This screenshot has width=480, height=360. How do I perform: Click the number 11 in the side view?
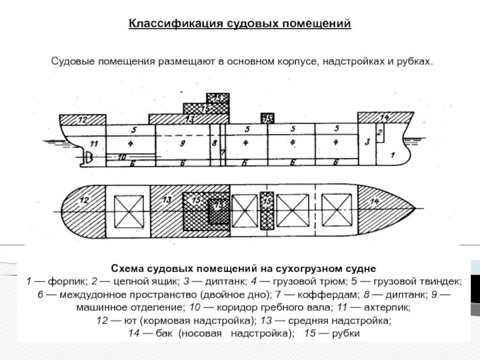(93, 144)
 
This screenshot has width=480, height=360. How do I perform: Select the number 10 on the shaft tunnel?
(122, 157)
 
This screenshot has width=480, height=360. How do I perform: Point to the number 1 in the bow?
(392, 155)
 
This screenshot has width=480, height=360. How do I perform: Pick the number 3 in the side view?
(367, 142)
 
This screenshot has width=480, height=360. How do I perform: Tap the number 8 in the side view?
(214, 143)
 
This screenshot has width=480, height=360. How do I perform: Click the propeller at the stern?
(88, 158)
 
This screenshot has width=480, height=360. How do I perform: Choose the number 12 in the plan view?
(84, 200)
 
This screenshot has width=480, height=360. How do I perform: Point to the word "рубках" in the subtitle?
(413, 62)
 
